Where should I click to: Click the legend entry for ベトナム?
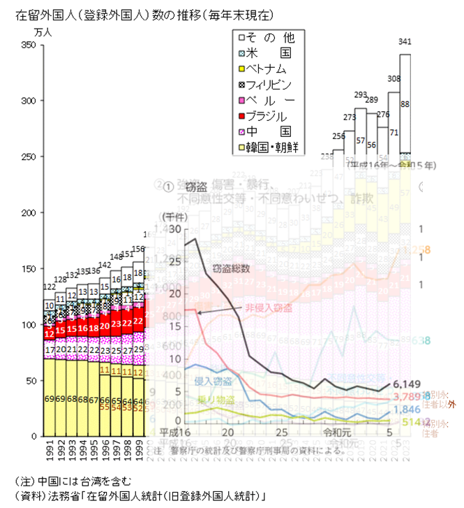266,68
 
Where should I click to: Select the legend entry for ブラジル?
266,115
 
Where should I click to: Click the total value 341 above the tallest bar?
405,42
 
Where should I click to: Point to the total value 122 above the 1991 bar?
50,288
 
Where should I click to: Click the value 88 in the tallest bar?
405,105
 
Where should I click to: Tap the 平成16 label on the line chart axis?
174,432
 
